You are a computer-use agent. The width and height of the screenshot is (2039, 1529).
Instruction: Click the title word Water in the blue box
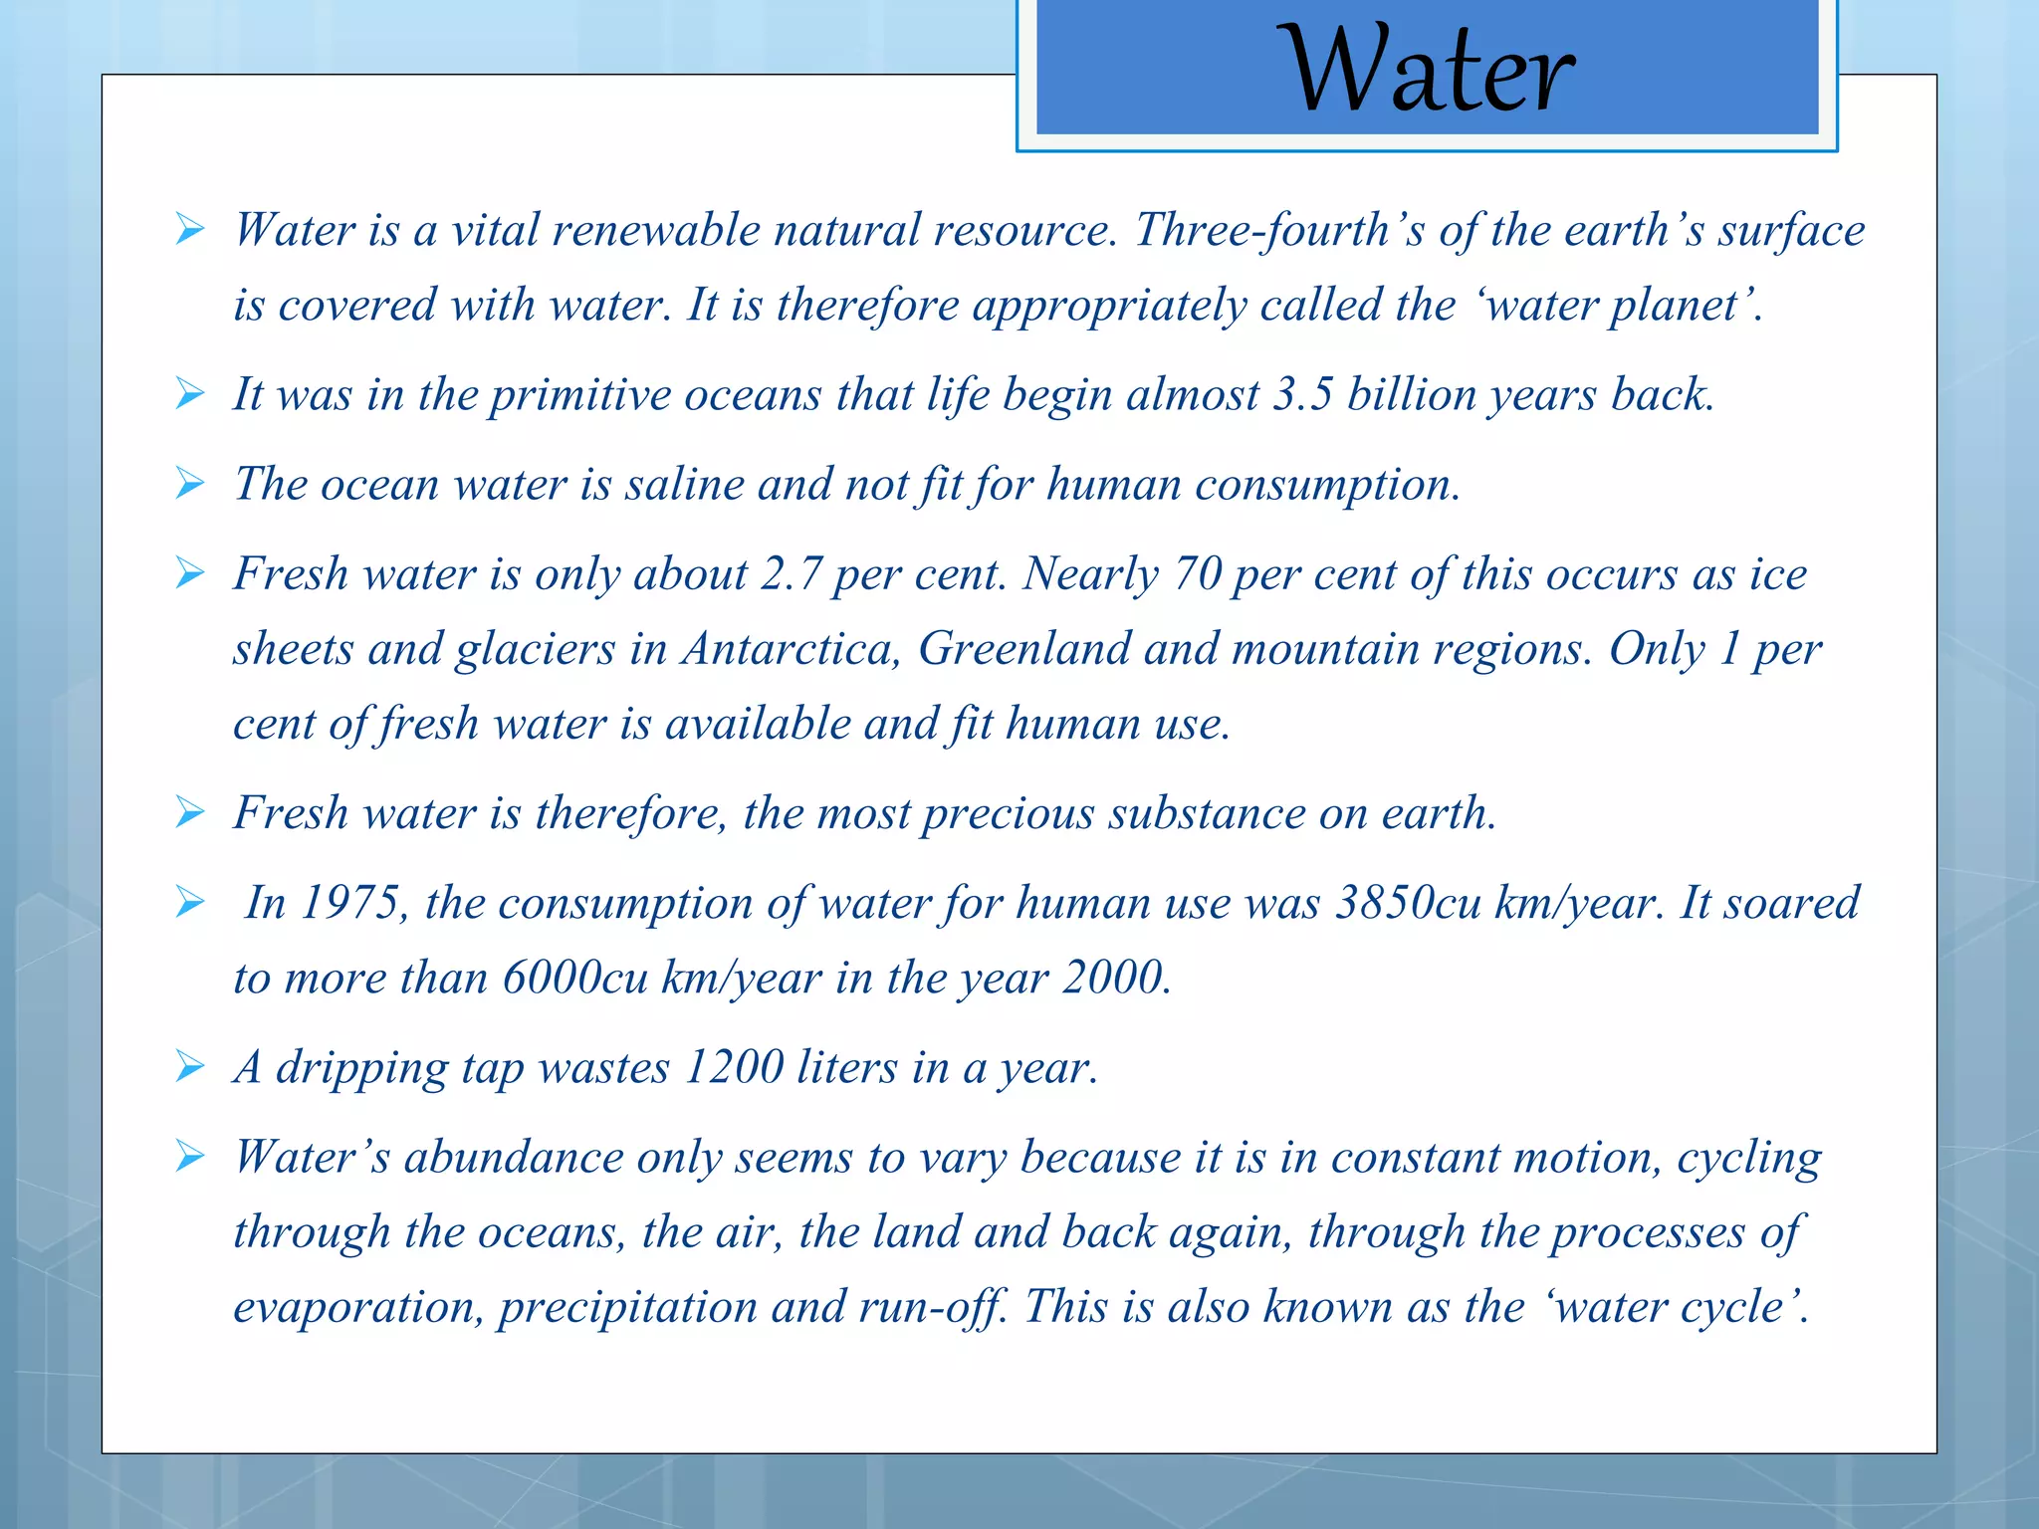[1430, 70]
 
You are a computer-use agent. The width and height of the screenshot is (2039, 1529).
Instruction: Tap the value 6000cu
[575, 978]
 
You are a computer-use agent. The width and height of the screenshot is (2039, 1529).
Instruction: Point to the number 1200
[734, 1068]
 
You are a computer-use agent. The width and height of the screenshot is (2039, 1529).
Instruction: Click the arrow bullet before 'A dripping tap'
[189, 1067]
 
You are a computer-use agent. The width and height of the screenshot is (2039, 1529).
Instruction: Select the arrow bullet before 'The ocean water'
[189, 484]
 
